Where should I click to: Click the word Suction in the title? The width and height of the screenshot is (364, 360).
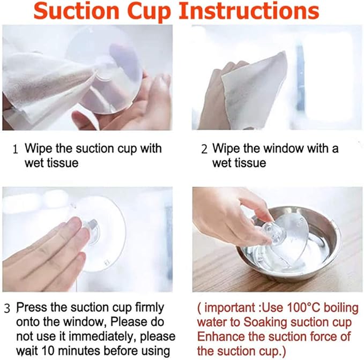click(x=76, y=11)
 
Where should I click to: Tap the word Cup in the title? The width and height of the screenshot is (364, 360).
click(x=149, y=12)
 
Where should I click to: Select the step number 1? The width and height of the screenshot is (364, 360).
click(x=15, y=149)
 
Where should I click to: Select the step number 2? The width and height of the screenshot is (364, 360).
click(x=204, y=149)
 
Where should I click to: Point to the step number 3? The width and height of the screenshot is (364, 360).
click(x=7, y=308)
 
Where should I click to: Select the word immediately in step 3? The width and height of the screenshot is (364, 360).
click(x=102, y=337)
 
